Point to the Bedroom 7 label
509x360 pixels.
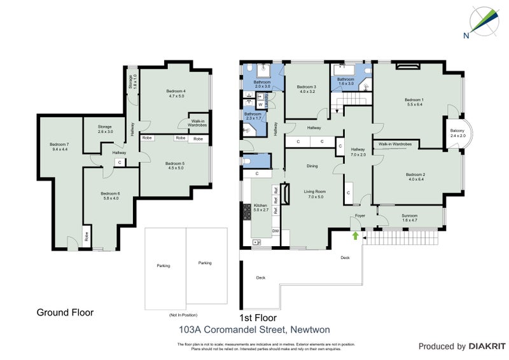pyautogui.click(x=59, y=147)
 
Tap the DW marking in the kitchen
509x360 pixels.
pyautogui.click(x=275, y=230)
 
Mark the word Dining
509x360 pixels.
pyautogui.click(x=312, y=166)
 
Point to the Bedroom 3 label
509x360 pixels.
pyautogui.click(x=306, y=89)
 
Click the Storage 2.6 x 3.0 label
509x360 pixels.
pyautogui.click(x=105, y=129)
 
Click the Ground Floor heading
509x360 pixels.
pyautogui.click(x=65, y=312)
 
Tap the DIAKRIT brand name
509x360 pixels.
pyautogui.click(x=487, y=347)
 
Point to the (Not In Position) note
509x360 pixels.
pyautogui.click(x=184, y=315)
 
